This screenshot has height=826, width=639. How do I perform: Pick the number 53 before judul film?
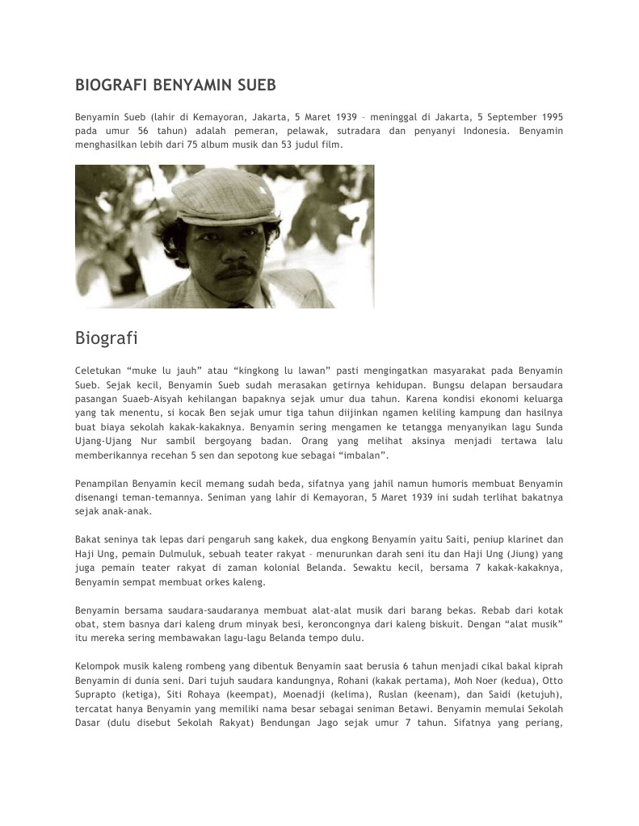click(x=290, y=145)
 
